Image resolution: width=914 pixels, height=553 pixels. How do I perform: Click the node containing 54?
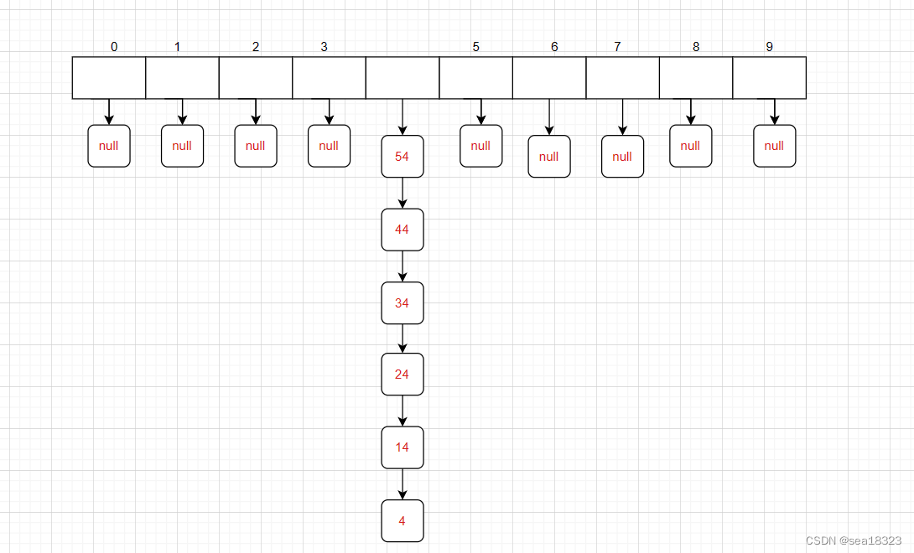402,157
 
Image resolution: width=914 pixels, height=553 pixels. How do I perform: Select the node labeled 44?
402,230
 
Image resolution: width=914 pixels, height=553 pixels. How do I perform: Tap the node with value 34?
402,303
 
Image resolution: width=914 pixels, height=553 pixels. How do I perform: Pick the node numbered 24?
402,375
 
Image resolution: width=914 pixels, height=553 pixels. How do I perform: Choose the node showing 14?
402,447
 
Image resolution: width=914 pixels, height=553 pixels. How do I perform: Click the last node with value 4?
402,521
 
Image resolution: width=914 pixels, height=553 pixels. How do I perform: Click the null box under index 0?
109,146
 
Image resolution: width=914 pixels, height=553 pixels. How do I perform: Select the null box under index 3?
329,146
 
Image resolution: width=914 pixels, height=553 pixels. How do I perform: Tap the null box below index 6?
549,157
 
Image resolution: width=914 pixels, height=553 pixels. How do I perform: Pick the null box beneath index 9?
774,146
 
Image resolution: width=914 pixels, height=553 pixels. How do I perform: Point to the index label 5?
476,47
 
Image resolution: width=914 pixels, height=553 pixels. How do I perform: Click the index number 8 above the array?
696,47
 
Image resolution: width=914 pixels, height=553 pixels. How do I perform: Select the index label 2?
256,47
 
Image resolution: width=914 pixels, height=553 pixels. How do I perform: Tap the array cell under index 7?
622,78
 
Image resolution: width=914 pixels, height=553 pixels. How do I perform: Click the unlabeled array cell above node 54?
402,78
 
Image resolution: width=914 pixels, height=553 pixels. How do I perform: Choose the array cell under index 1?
182,78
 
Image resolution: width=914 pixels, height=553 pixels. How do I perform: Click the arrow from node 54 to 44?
402,194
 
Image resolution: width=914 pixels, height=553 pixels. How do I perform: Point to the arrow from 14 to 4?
402,484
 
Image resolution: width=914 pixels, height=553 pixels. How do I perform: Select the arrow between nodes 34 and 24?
402,339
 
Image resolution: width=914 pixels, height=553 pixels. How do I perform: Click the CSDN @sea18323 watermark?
853,541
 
